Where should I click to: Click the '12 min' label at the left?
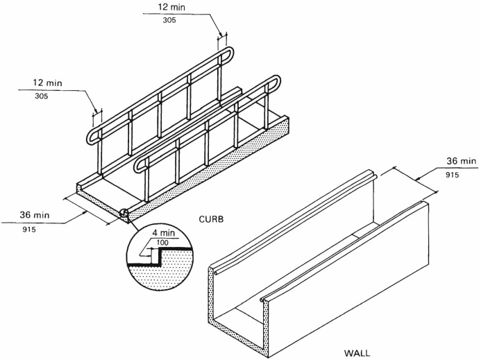48,83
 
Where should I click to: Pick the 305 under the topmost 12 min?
164,21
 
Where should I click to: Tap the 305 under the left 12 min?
41,96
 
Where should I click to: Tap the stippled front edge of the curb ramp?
101,206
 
